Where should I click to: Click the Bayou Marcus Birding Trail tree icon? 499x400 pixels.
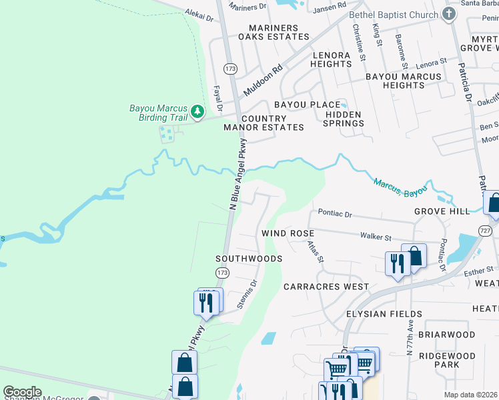pyautogui.click(x=197, y=111)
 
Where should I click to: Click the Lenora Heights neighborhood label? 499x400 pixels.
pyautogui.click(x=331, y=59)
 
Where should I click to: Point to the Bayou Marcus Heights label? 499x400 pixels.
pyautogui.click(x=404, y=81)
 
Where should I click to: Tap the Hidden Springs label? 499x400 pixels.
pyautogui.click(x=343, y=119)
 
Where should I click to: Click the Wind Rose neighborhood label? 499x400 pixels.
pyautogui.click(x=288, y=233)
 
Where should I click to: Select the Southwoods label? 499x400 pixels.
pyautogui.click(x=249, y=258)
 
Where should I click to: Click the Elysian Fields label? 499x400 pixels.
pyautogui.click(x=384, y=313)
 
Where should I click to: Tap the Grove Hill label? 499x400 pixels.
pyautogui.click(x=442, y=211)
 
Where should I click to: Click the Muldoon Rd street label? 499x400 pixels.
pyautogui.click(x=263, y=79)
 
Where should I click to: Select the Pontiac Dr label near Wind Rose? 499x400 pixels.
pyautogui.click(x=334, y=215)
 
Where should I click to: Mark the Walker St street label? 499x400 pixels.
pyautogui.click(x=376, y=236)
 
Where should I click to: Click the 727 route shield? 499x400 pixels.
pyautogui.click(x=485, y=229)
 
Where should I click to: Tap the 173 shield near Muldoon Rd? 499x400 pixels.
pyautogui.click(x=231, y=69)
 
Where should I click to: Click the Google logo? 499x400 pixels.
pyautogui.click(x=23, y=392)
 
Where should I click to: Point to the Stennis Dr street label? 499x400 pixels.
pyautogui.click(x=248, y=293)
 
